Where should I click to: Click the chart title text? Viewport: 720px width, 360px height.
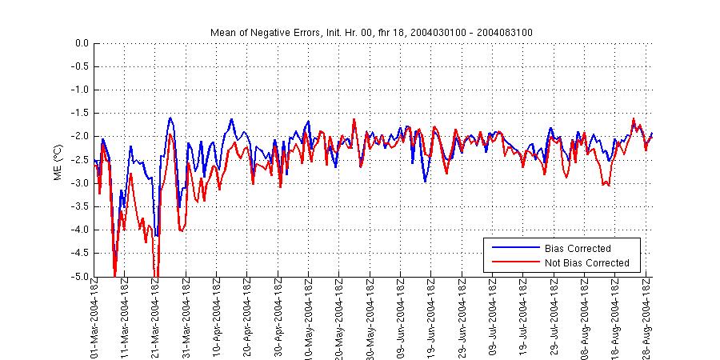[371, 32]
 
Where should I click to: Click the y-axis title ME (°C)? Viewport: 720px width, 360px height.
[57, 161]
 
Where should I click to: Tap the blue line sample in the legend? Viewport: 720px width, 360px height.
[514, 248]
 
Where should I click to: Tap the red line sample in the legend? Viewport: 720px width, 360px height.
[514, 262]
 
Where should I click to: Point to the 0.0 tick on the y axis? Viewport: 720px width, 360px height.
[80, 43]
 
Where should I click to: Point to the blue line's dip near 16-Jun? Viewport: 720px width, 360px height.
[425, 182]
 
